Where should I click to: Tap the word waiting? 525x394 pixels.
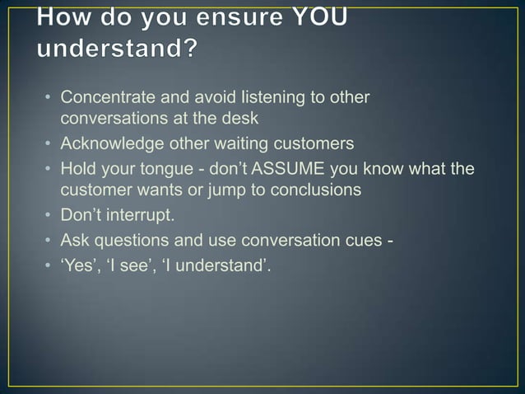(x=248, y=144)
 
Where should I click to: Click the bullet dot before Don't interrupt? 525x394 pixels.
(x=49, y=218)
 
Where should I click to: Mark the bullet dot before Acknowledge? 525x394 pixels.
(x=49, y=145)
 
